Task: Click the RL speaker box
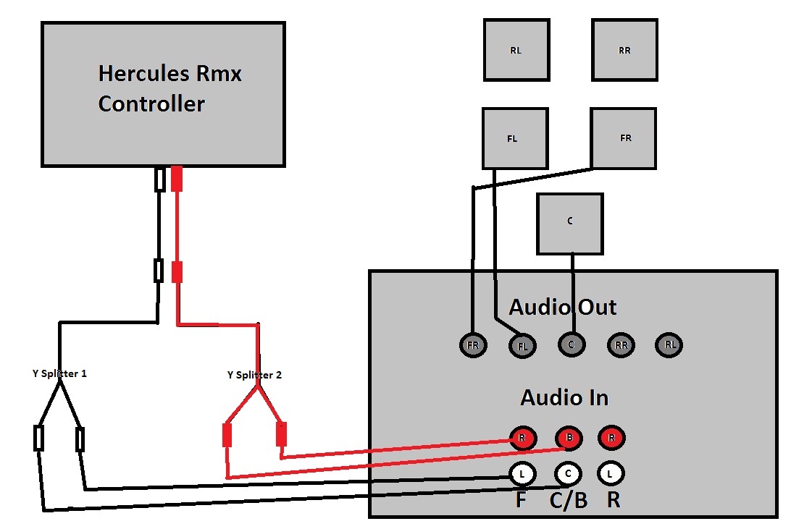pyautogui.click(x=516, y=50)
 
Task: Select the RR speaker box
pyautogui.click(x=624, y=50)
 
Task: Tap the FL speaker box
pyautogui.click(x=514, y=138)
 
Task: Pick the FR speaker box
pyautogui.click(x=623, y=138)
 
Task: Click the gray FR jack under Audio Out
pyautogui.click(x=473, y=345)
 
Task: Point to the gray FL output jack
pyautogui.click(x=523, y=346)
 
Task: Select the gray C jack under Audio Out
pyautogui.click(x=571, y=344)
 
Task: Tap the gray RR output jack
pyautogui.click(x=621, y=345)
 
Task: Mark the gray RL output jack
pyautogui.click(x=670, y=344)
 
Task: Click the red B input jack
pyautogui.click(x=569, y=439)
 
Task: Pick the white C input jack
pyautogui.click(x=568, y=474)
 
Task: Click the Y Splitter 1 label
pyautogui.click(x=54, y=374)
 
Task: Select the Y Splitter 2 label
pyautogui.click(x=254, y=375)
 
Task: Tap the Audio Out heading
pyautogui.click(x=563, y=307)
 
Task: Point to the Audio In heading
pyautogui.click(x=564, y=397)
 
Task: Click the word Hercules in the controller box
pyautogui.click(x=145, y=74)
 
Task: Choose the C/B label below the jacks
pyautogui.click(x=569, y=501)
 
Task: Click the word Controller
pyautogui.click(x=151, y=103)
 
